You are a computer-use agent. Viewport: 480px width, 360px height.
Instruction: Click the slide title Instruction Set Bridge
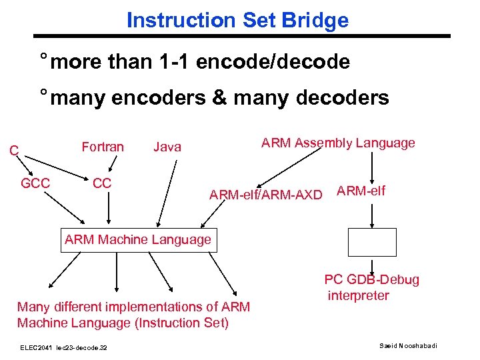coord(237,20)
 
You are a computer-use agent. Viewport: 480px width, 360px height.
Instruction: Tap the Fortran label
coord(102,147)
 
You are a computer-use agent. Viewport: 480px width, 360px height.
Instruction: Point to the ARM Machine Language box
coord(138,239)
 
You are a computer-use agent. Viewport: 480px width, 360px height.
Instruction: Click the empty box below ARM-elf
coord(372,242)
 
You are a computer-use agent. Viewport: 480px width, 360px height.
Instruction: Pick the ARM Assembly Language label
coord(338,143)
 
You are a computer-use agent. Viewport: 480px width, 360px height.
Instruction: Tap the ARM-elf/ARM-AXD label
coord(265,195)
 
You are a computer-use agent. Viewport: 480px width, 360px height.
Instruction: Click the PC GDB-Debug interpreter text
coord(371,287)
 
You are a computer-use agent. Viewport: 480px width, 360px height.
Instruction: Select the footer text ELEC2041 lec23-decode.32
coord(64,347)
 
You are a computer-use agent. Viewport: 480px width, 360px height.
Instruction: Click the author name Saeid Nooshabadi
coord(407,346)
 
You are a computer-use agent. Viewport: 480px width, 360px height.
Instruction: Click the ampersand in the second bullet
coord(218,98)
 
